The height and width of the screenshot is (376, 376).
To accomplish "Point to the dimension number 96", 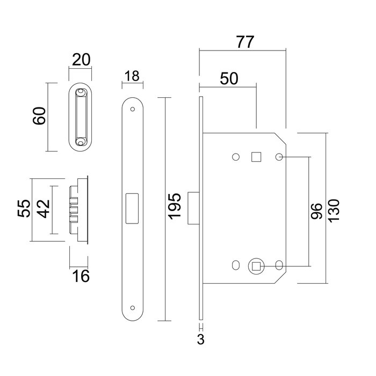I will pos(317,211).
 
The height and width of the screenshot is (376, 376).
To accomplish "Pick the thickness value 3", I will pos(201,339).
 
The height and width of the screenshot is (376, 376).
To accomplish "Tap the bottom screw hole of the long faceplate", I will pos(132,308).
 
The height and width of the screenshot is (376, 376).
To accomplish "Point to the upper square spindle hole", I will pos(256,156).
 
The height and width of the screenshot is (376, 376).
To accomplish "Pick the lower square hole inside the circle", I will pos(256,265).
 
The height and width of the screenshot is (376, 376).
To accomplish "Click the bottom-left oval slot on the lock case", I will pos(235,265).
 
